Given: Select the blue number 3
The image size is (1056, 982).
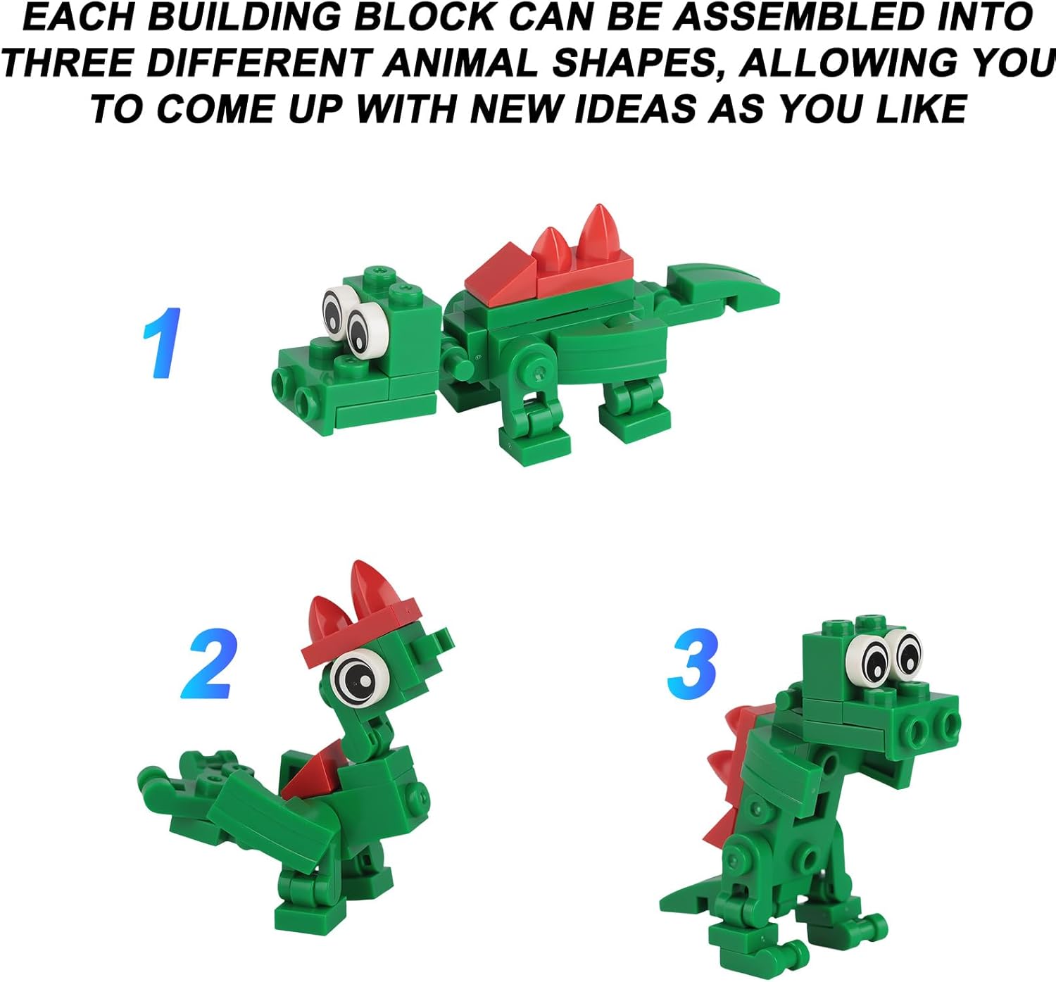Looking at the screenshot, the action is (x=693, y=664).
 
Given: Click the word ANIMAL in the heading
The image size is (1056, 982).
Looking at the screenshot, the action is (x=460, y=62).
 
